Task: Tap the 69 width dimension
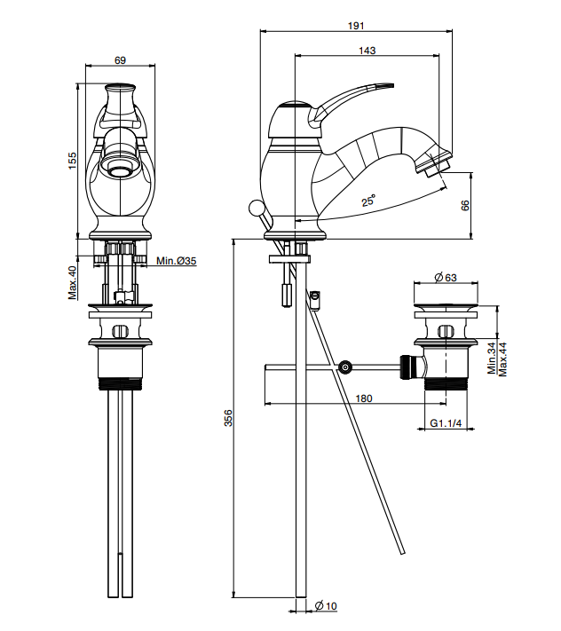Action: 120,60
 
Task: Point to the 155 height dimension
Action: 73,162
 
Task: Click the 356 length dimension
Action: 226,417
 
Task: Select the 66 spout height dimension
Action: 464,205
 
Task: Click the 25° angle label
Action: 368,201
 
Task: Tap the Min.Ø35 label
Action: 176,261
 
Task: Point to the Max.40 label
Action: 73,282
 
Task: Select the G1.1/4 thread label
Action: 446,423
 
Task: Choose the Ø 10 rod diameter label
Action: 326,605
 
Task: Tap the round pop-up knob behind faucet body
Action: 256,209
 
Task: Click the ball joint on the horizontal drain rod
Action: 344,367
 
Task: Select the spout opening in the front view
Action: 119,165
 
